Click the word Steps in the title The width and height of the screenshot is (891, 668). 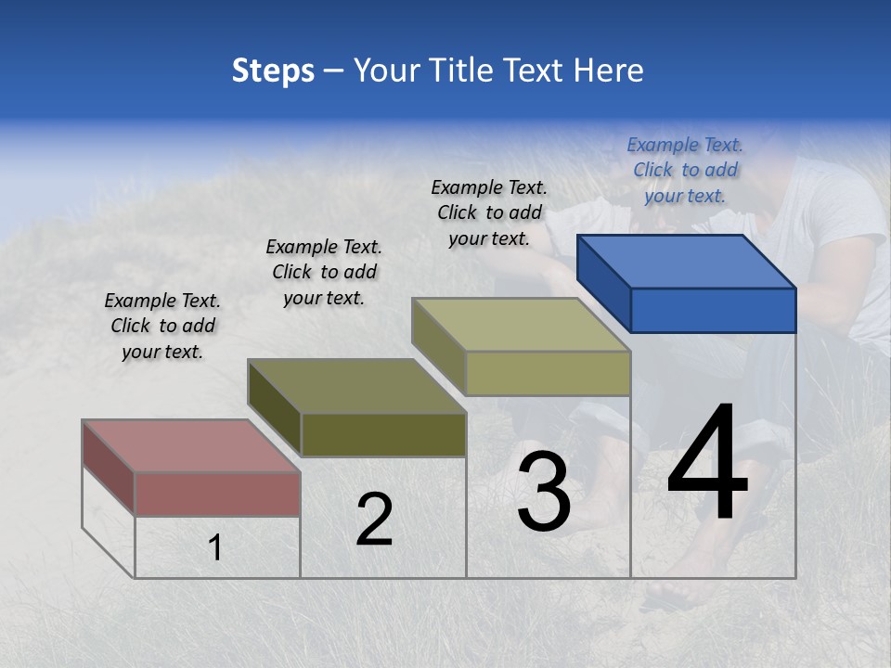[273, 71]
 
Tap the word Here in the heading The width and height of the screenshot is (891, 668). [607, 71]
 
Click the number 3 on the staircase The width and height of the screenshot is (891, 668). [544, 492]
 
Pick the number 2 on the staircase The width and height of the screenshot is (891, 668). [374, 520]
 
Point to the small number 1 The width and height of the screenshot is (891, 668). [215, 547]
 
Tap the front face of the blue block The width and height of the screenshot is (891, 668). [713, 310]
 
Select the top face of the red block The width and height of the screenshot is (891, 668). [191, 446]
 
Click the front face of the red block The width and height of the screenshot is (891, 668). [217, 494]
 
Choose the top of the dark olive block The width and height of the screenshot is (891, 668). [356, 386]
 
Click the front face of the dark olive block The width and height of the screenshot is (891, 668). [383, 435]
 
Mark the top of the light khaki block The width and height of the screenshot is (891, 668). [522, 325]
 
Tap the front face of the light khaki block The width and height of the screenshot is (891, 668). [548, 373]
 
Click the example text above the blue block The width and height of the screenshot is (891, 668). [685, 170]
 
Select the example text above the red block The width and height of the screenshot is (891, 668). [162, 326]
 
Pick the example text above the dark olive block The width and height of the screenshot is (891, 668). [324, 272]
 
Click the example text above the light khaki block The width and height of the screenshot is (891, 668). [489, 212]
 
